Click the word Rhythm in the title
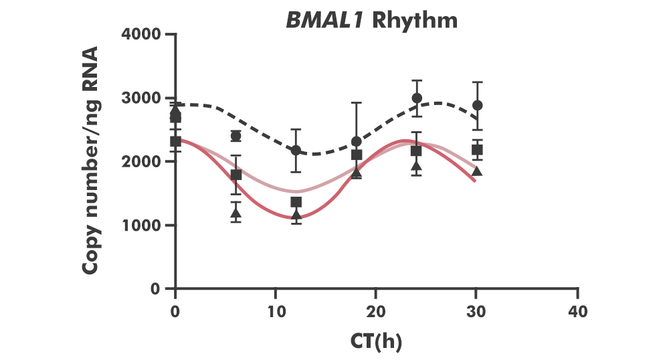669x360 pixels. click(415, 20)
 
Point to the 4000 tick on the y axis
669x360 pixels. click(142, 34)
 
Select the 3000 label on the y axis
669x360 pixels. click(142, 98)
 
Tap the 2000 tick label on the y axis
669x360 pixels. click(142, 161)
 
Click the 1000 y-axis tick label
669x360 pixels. click(142, 225)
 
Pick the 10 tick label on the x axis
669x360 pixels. click(276, 312)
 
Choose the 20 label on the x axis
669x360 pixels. click(376, 312)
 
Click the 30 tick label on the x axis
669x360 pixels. click(476, 312)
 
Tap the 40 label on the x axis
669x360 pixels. click(577, 312)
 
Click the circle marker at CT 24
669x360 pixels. click(417, 98)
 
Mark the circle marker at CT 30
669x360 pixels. click(477, 106)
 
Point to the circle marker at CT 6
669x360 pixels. click(235, 136)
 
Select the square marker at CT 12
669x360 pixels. click(296, 202)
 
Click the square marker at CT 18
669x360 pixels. click(357, 155)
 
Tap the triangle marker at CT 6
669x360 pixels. click(235, 213)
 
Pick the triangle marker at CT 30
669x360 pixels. click(477, 171)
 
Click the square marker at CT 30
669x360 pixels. click(477, 150)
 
